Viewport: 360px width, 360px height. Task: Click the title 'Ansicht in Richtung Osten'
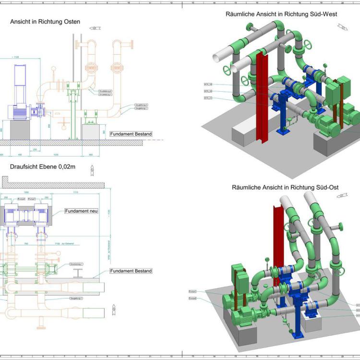[45, 22]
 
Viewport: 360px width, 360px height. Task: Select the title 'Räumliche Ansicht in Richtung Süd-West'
[281, 14]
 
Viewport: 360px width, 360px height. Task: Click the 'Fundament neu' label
[81, 211]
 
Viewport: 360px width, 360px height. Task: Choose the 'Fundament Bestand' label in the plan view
[131, 271]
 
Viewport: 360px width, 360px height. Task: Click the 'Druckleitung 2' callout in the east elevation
[105, 91]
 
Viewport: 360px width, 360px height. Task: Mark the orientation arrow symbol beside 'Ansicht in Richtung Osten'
[95, 28]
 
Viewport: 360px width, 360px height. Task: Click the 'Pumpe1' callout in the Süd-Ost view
[193, 291]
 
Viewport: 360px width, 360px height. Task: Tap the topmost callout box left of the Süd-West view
[208, 84]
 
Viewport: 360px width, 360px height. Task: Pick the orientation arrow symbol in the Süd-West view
[343, 27]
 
